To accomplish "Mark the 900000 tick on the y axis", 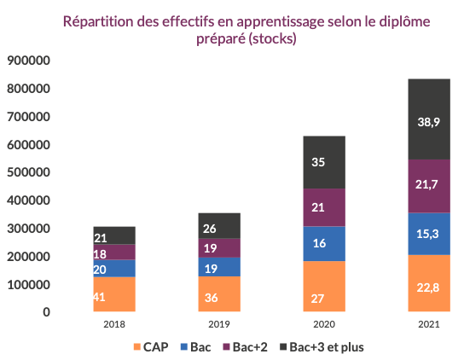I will click(x=28, y=61).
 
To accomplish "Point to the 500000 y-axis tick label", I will click(x=28, y=172).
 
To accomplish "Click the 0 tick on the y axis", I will click(x=46, y=312).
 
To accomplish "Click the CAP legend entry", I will click(x=150, y=346).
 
